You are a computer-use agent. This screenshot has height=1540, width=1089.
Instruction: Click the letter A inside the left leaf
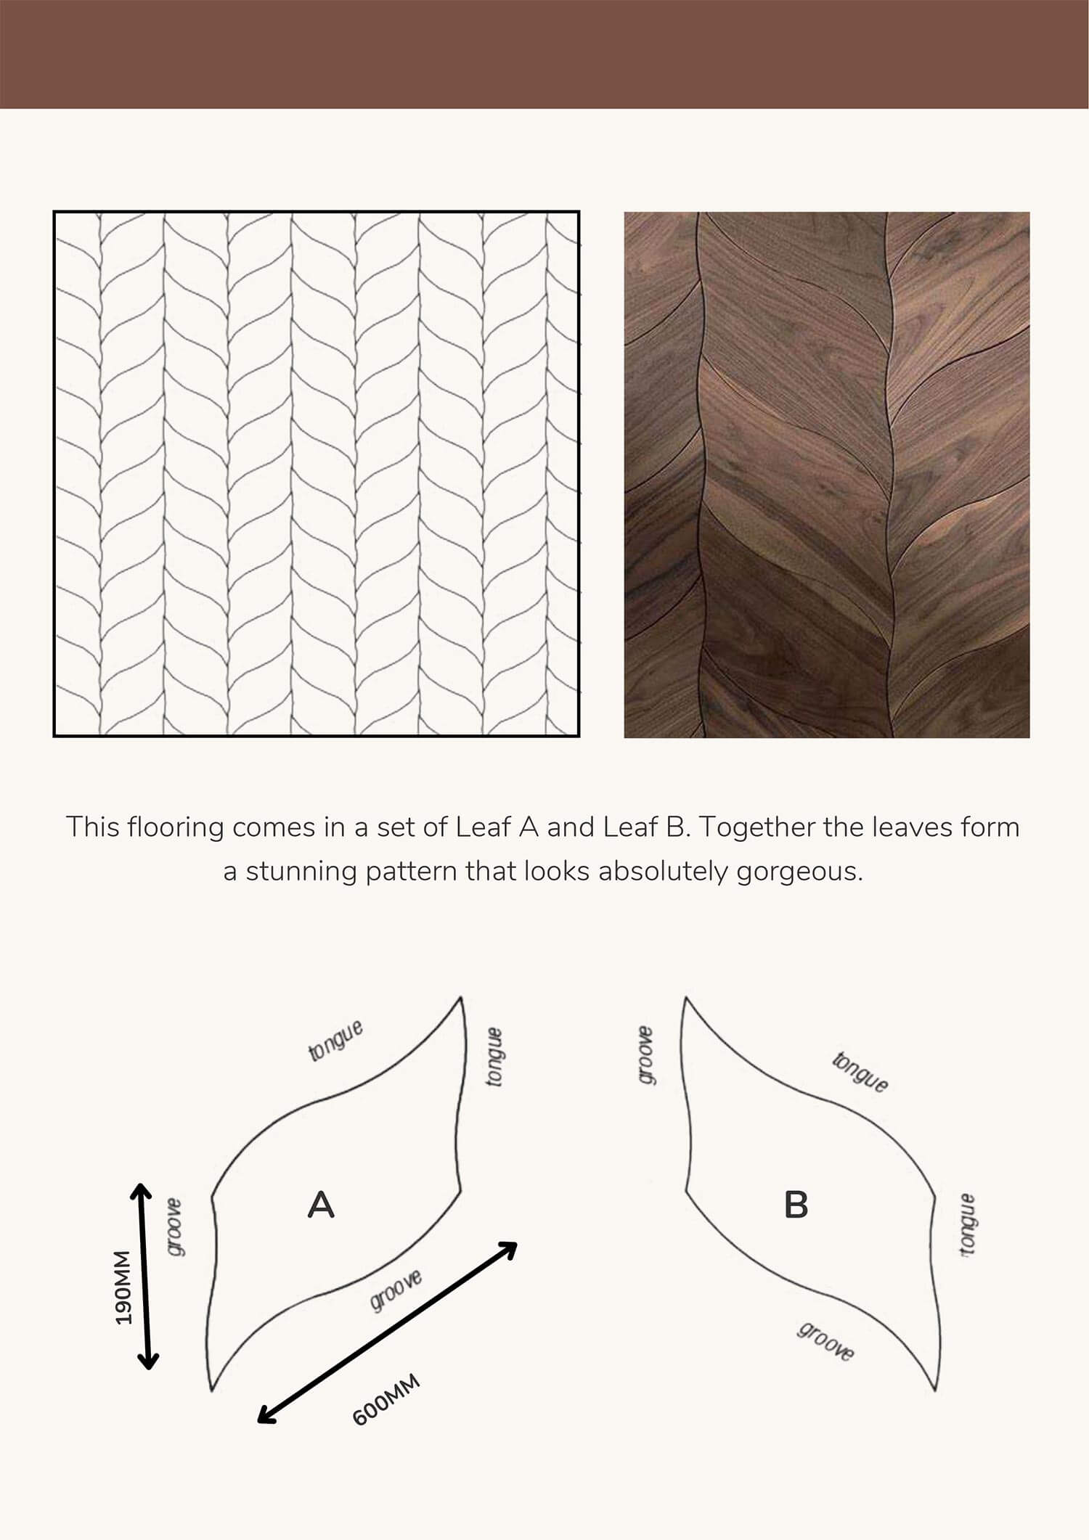(321, 1205)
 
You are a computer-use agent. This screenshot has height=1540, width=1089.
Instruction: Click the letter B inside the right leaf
(796, 1205)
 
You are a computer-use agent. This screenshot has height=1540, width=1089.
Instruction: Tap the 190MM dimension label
(123, 1287)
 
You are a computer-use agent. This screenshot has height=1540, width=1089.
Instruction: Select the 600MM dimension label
(386, 1400)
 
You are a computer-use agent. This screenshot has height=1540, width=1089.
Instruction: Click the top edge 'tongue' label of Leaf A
(335, 1040)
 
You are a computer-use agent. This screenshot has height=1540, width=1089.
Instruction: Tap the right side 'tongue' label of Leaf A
(494, 1057)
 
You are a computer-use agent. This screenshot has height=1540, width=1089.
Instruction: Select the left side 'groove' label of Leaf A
(175, 1227)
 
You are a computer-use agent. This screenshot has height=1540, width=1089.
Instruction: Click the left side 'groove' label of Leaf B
(645, 1056)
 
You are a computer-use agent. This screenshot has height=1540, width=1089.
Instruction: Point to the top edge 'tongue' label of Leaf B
(860, 1072)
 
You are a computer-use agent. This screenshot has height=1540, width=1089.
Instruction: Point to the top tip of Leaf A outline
(461, 997)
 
